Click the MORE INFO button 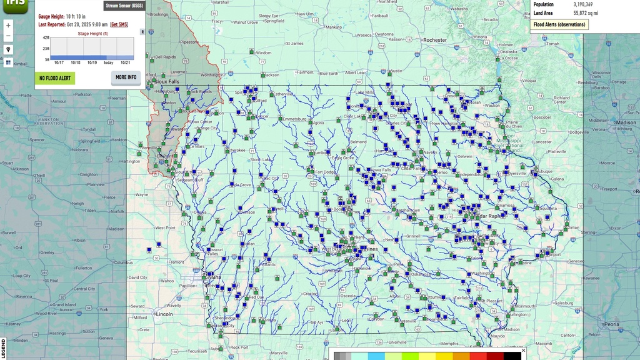126,77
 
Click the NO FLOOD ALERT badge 55,78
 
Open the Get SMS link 119,24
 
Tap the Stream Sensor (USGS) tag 124,5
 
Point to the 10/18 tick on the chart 75,62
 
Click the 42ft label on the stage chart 46,38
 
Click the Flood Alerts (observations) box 559,24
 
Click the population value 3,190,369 583,4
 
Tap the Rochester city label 436,40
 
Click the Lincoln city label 164,314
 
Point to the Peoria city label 612,324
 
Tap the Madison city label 626,122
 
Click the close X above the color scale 524,350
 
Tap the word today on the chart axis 108,62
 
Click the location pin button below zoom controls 8,49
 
